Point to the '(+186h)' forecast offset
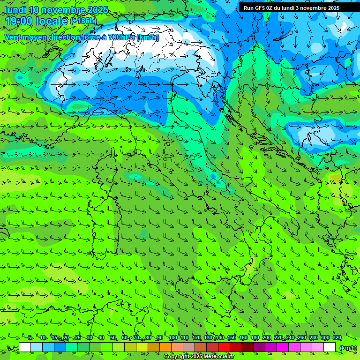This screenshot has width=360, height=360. click(x=83, y=21)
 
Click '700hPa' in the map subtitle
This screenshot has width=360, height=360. click(x=121, y=37)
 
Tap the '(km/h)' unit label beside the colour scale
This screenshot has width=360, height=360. click(x=348, y=347)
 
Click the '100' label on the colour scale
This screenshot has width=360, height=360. click(x=172, y=338)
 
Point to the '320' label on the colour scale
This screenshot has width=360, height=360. click(x=337, y=338)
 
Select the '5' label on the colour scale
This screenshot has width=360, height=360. click(x=30, y=338)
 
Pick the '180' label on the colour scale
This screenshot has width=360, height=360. click(x=255, y=338)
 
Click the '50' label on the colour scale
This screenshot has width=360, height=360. click(x=113, y=338)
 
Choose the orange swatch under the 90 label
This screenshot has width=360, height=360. click(x=165, y=347)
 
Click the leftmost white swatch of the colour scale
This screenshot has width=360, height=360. click(x=25, y=347)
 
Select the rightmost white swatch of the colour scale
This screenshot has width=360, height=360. click(x=330, y=347)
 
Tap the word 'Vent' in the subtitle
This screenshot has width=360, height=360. click(x=13, y=37)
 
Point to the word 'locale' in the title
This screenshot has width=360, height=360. click(x=52, y=21)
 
